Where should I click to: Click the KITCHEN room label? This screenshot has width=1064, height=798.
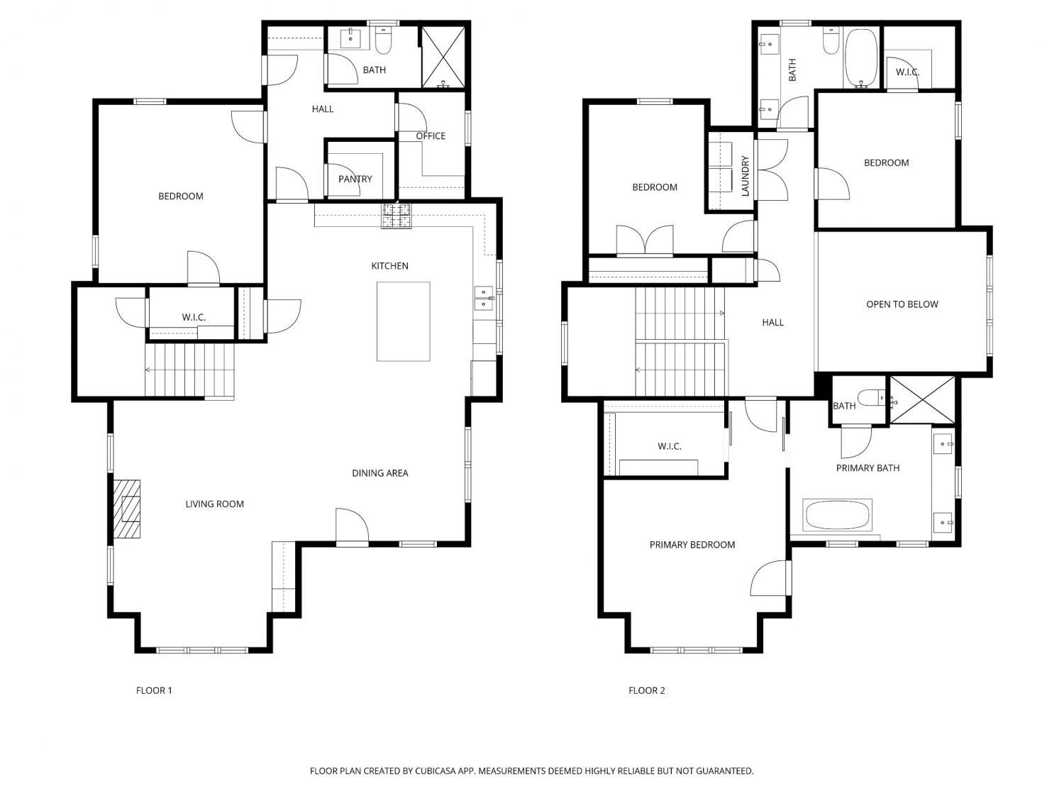pyautogui.click(x=389, y=265)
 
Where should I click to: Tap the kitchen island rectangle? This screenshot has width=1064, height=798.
pyautogui.click(x=404, y=321)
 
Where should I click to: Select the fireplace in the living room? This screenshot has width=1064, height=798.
pyautogui.click(x=127, y=509)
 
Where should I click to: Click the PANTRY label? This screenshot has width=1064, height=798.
pyautogui.click(x=355, y=179)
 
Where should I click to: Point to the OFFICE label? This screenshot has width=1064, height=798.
pyautogui.click(x=431, y=136)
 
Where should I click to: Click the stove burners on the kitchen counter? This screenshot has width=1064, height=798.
pyautogui.click(x=397, y=216)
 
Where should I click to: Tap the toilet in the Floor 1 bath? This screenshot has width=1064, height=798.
pyautogui.click(x=383, y=40)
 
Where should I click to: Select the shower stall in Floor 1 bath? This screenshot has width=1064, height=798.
pyautogui.click(x=443, y=57)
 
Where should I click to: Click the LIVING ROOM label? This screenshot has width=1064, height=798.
pyautogui.click(x=214, y=504)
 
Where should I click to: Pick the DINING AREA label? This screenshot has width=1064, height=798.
pyautogui.click(x=380, y=473)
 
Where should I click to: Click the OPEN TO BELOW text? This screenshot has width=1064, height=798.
pyautogui.click(x=902, y=304)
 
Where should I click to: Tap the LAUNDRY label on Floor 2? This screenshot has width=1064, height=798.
pyautogui.click(x=746, y=175)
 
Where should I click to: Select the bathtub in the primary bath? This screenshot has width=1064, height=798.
pyautogui.click(x=837, y=515)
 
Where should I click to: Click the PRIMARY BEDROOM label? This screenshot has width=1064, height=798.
pyautogui.click(x=692, y=545)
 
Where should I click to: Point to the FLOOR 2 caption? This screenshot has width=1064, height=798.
pyautogui.click(x=647, y=690)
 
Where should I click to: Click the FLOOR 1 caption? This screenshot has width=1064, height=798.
pyautogui.click(x=154, y=690)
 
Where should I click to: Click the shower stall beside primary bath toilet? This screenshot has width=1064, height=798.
pyautogui.click(x=922, y=400)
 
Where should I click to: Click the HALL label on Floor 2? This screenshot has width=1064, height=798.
pyautogui.click(x=772, y=322)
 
